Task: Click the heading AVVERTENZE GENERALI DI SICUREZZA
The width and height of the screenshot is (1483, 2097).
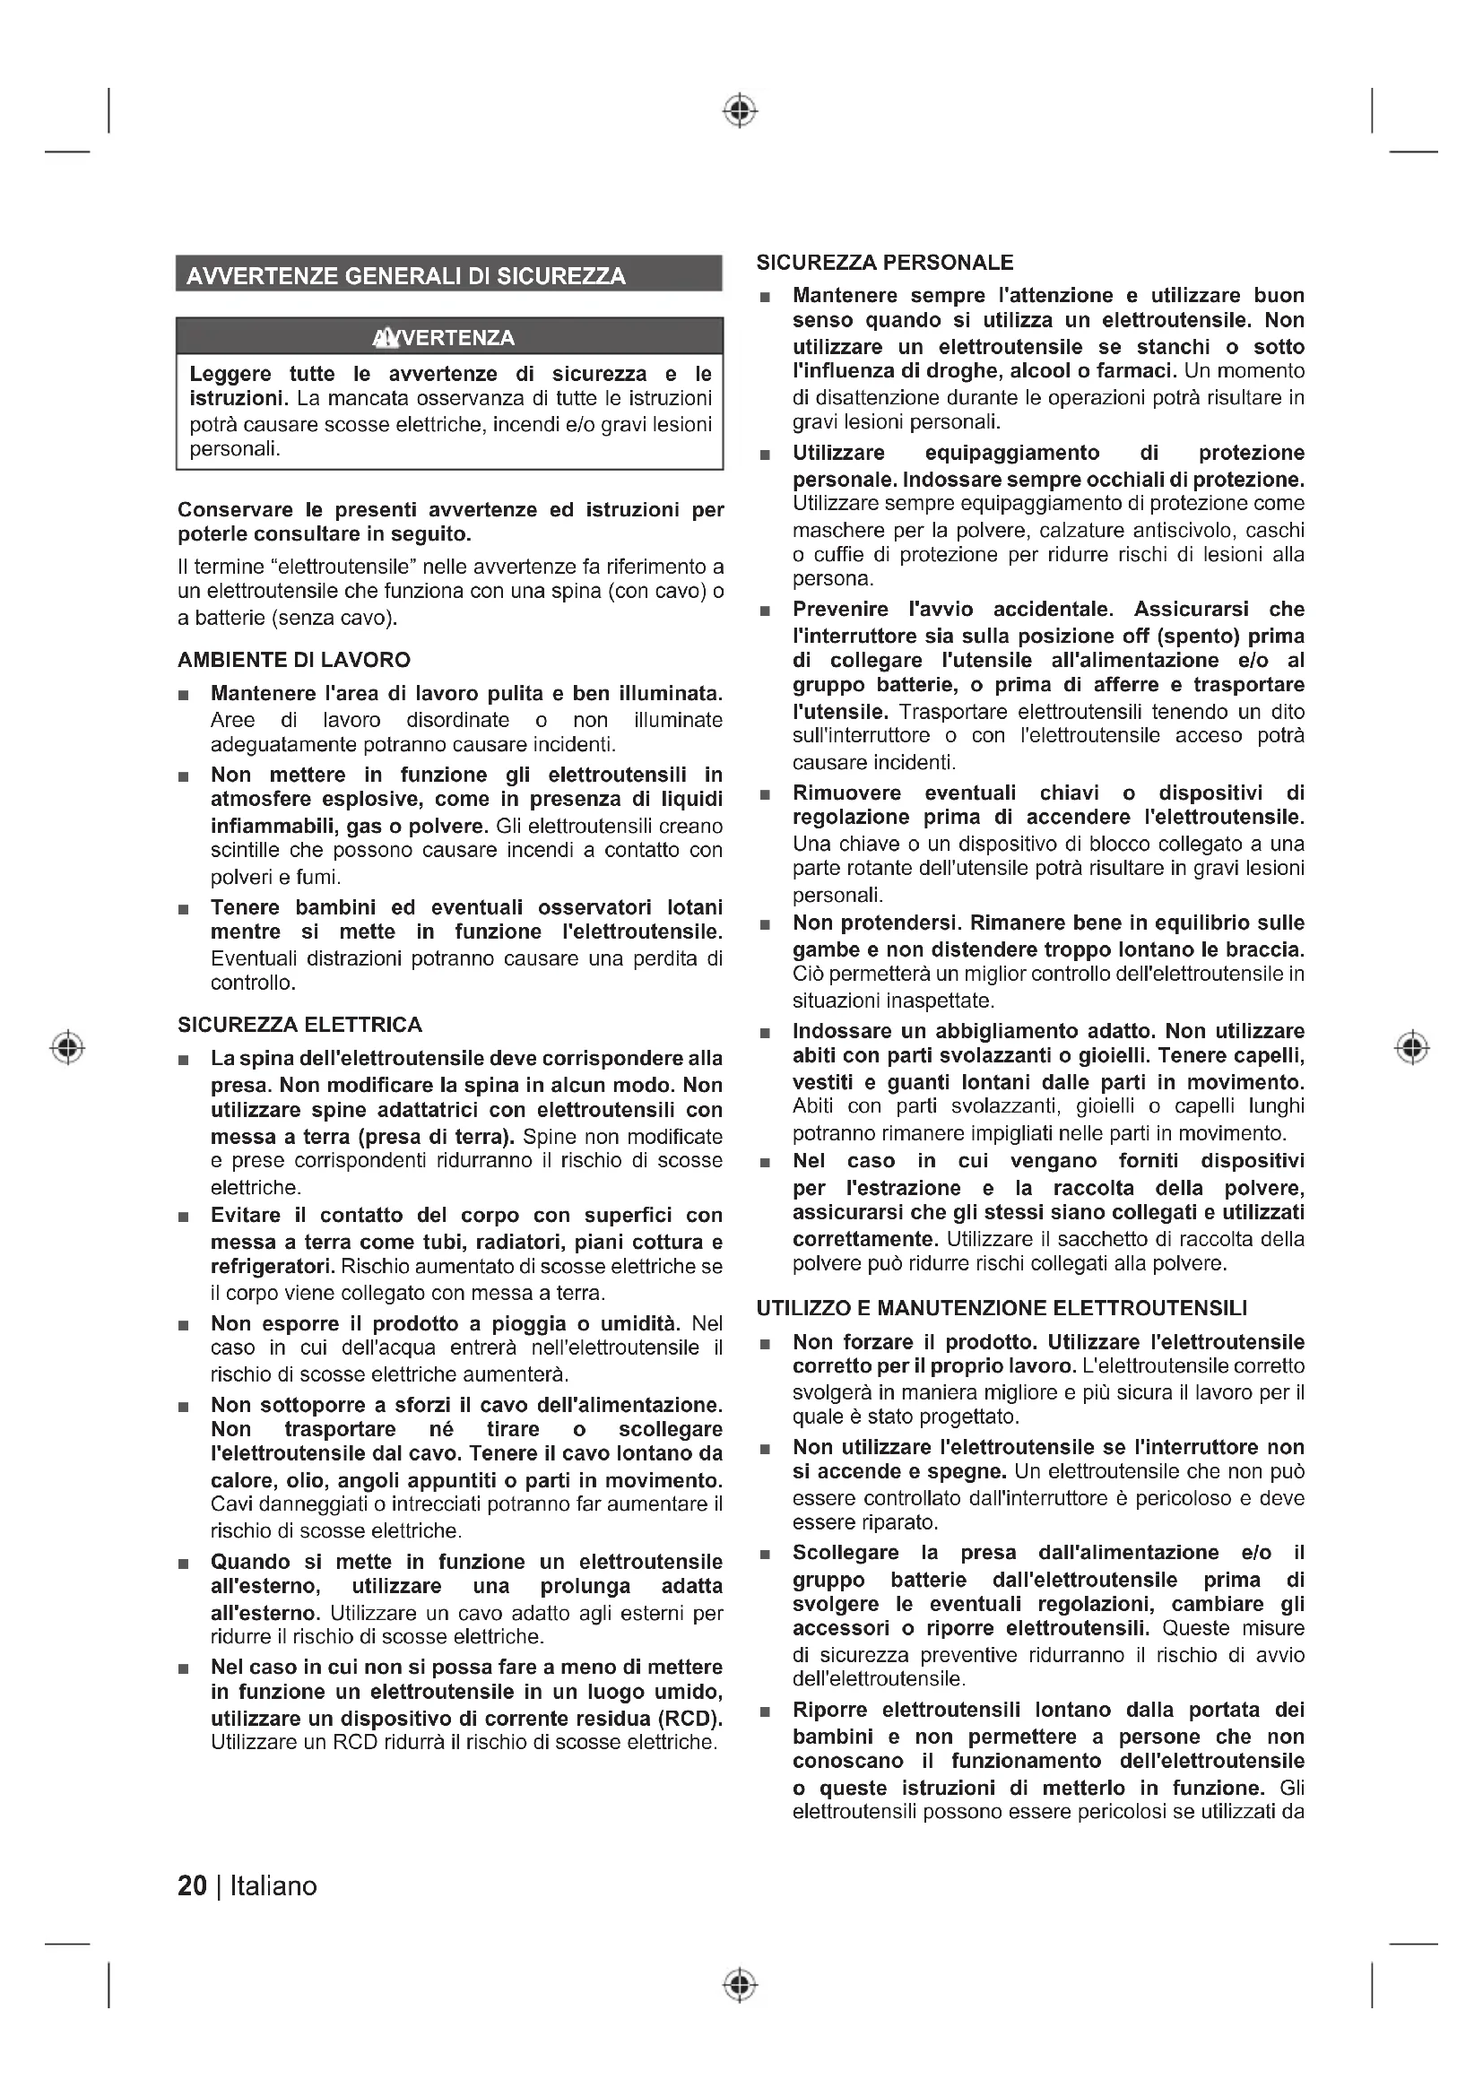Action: [x=405, y=276]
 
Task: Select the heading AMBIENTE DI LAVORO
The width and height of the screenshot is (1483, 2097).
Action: [x=294, y=660]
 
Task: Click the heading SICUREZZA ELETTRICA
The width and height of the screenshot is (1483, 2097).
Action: [x=299, y=1025]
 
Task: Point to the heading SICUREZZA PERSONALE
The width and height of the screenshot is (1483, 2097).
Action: [x=884, y=263]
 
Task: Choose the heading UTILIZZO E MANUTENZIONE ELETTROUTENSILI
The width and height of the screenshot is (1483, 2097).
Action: [x=1001, y=1308]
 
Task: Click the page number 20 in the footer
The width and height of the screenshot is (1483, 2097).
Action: [x=192, y=1886]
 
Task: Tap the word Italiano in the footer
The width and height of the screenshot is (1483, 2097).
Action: [x=273, y=1886]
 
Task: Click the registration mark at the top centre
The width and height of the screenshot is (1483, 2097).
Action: [x=741, y=111]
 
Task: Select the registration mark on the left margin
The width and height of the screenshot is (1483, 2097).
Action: [x=67, y=1046]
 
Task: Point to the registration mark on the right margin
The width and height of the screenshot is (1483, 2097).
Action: [x=1412, y=1046]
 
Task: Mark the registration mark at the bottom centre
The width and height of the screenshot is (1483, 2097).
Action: [x=741, y=1984]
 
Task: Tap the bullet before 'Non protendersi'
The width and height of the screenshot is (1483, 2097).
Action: [x=765, y=925]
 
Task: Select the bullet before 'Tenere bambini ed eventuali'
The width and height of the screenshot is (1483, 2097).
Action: [x=184, y=910]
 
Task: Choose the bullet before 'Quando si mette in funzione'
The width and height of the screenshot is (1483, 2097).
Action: [x=184, y=1564]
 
